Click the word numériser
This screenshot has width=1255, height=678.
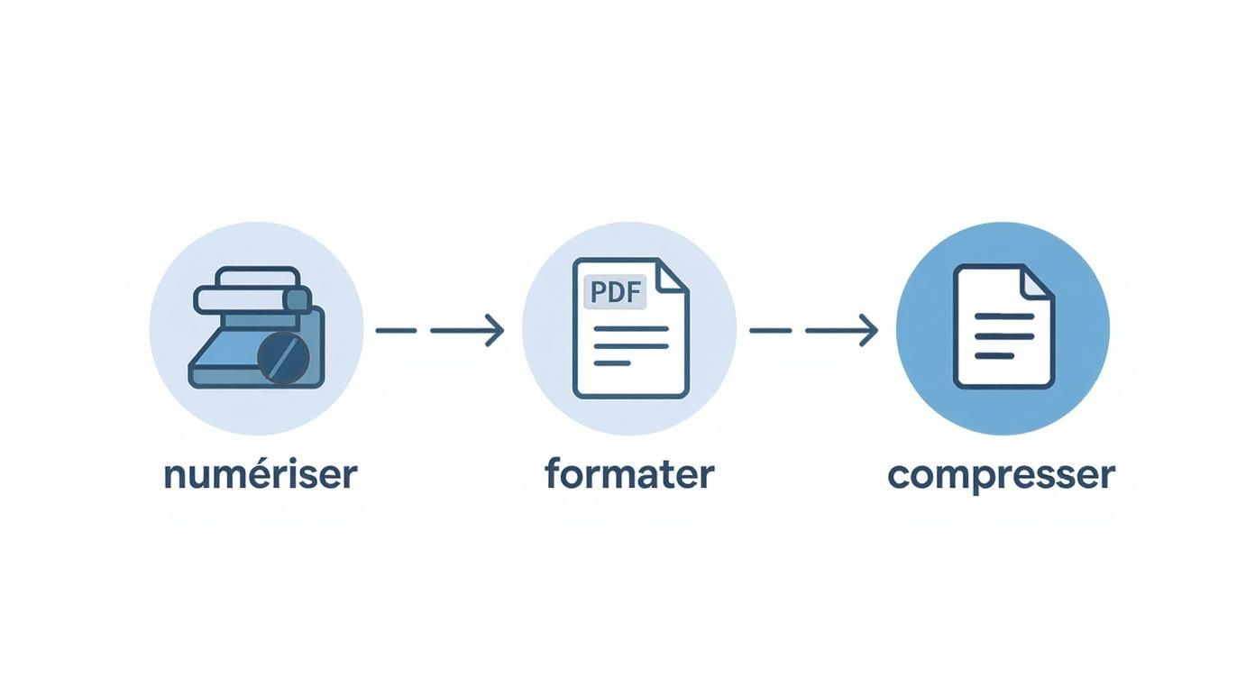pyautogui.click(x=260, y=474)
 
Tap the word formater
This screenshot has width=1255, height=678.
pyautogui.click(x=629, y=474)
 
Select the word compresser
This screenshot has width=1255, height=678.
pyautogui.click(x=1001, y=475)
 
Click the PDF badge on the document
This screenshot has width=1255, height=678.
pyautogui.click(x=616, y=292)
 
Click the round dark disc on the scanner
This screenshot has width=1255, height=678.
pyautogui.click(x=283, y=358)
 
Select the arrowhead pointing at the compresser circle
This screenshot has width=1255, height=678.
pyautogui.click(x=868, y=330)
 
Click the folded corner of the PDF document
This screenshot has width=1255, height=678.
pyautogui.click(x=671, y=276)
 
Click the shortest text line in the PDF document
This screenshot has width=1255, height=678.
pyautogui.click(x=612, y=362)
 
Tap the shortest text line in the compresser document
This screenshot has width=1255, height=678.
pyautogui.click(x=994, y=355)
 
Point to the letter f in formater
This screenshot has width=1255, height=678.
pyautogui.click(x=554, y=472)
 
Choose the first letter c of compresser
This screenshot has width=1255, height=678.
pyautogui.click(x=899, y=476)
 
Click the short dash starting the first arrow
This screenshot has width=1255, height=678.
pyautogui.click(x=396, y=331)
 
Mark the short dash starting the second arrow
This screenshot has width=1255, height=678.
pyautogui.click(x=770, y=331)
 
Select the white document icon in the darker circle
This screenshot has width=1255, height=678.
pyautogui.click(x=1003, y=326)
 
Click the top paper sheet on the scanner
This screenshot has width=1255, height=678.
pyautogui.click(x=258, y=276)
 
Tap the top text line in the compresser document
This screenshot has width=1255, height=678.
pyautogui.click(x=1003, y=316)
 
